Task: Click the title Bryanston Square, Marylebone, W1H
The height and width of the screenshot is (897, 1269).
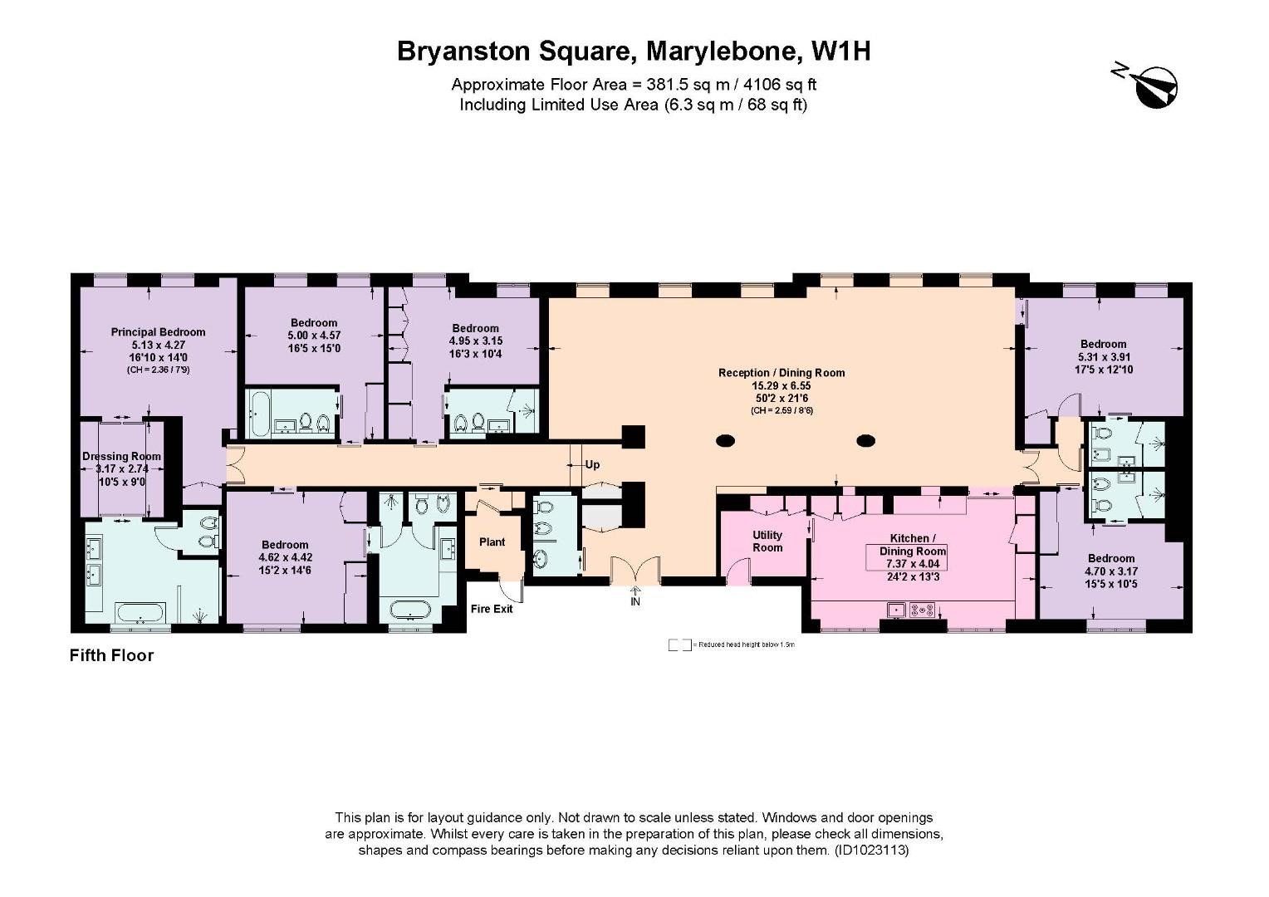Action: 634,51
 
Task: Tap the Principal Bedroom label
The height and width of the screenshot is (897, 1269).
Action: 158,332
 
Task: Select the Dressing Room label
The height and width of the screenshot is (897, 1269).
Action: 121,456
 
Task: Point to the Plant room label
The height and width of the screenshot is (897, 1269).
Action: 492,542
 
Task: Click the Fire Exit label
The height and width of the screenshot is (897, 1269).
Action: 492,609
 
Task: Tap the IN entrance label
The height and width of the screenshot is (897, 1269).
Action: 635,601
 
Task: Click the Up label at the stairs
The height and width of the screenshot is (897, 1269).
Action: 592,465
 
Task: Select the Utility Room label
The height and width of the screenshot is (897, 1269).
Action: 767,542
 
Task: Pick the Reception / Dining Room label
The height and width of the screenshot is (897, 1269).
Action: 781,373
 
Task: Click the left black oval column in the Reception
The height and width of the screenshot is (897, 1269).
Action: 725,440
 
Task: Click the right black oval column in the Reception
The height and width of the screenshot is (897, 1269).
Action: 866,440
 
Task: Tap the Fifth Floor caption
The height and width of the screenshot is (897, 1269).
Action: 111,655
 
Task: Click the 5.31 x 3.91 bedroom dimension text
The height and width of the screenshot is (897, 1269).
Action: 1103,356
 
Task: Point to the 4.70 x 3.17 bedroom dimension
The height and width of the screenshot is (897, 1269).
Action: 1110,571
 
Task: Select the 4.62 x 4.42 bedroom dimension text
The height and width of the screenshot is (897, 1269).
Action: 285,558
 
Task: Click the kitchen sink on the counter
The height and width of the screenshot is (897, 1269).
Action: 896,610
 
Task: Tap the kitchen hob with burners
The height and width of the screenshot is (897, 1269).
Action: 923,610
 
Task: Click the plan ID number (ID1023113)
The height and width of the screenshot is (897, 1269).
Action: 873,850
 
